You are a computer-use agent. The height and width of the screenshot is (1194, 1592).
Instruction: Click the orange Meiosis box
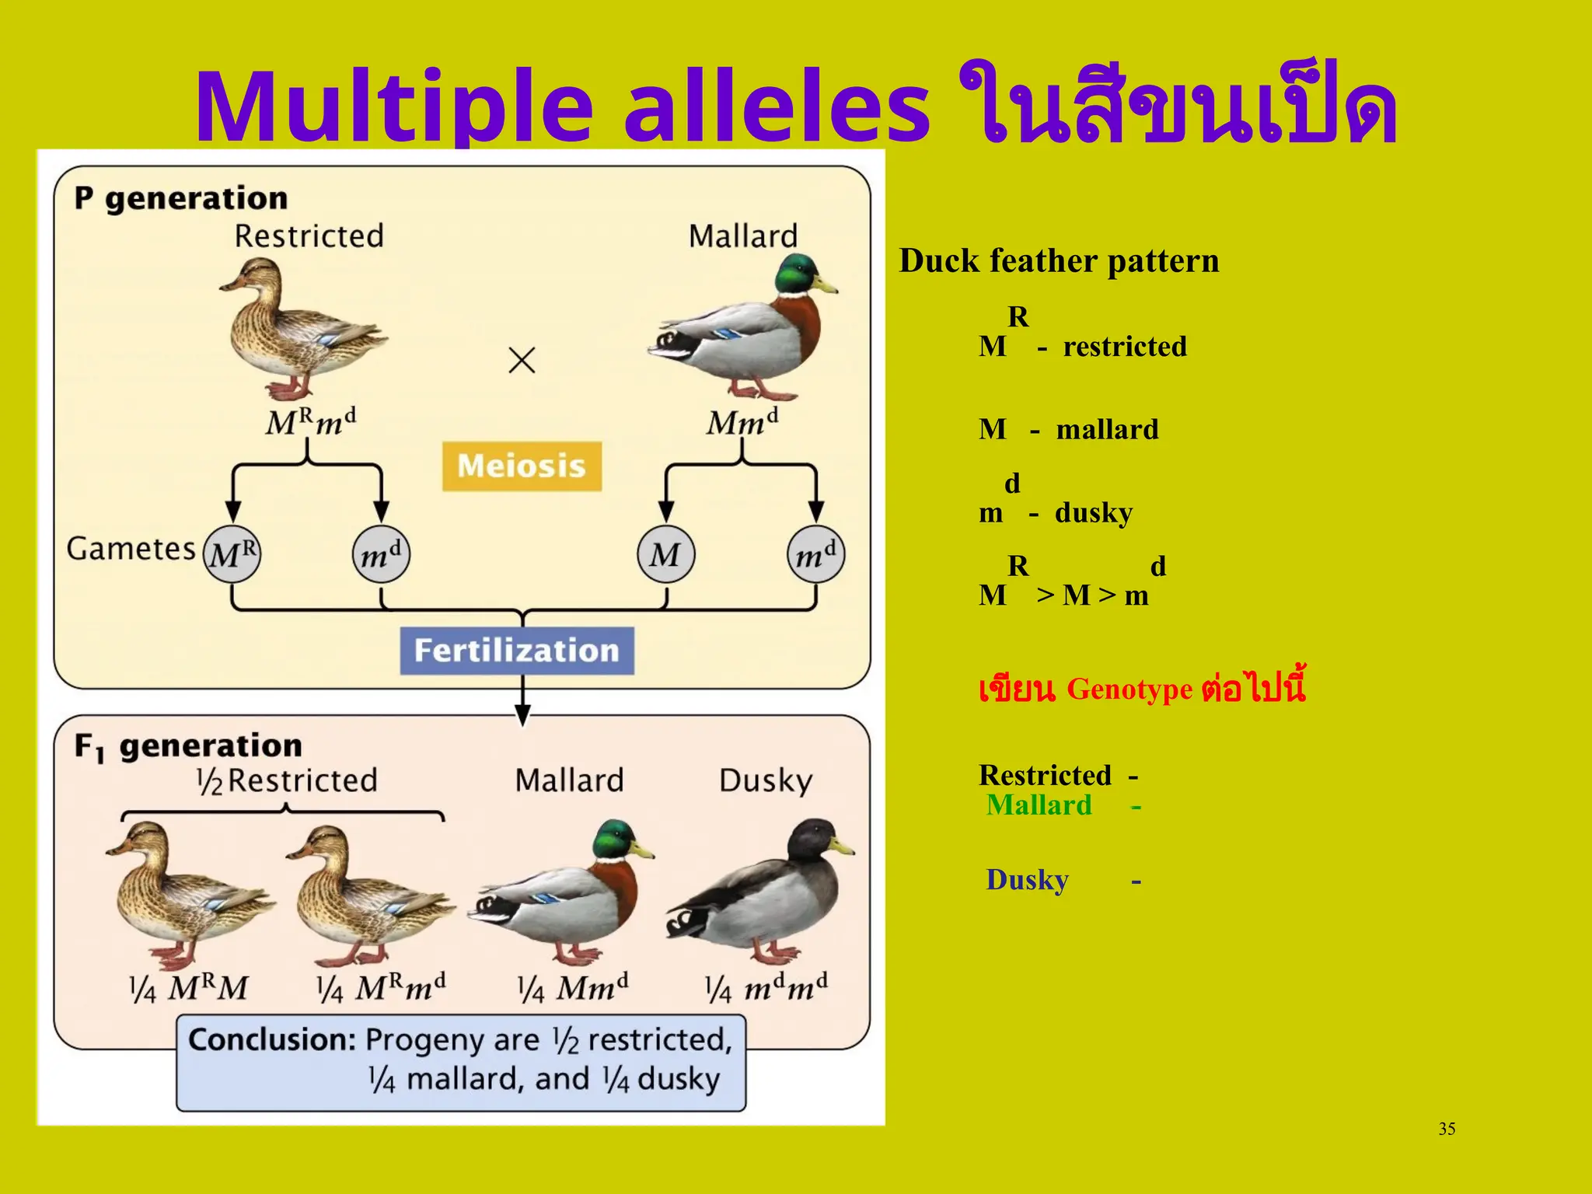(x=522, y=466)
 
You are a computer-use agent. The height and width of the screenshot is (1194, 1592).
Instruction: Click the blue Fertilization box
(x=517, y=651)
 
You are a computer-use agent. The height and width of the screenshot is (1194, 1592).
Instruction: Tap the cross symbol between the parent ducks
(x=522, y=360)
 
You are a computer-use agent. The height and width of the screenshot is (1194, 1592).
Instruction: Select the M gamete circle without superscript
(x=665, y=554)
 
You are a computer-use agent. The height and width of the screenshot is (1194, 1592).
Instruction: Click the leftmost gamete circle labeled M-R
(x=232, y=554)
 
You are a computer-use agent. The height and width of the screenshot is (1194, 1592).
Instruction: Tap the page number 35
(x=1447, y=1129)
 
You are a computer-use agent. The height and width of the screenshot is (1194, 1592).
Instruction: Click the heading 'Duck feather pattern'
(x=1059, y=261)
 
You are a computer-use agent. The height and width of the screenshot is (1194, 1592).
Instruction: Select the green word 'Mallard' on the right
(x=1039, y=805)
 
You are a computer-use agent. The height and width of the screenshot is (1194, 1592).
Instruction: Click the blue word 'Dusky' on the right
(x=1027, y=880)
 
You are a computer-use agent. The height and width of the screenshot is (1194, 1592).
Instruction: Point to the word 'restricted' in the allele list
(x=1125, y=347)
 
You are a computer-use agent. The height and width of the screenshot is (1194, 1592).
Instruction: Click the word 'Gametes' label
(x=131, y=549)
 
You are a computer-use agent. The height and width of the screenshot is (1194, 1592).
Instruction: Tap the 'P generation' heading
(x=181, y=199)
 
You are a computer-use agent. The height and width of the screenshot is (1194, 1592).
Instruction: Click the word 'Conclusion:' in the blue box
(x=272, y=1040)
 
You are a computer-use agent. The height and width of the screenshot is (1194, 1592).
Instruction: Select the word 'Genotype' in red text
(x=1129, y=690)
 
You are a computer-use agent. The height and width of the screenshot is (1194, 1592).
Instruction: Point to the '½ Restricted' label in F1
(x=286, y=780)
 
